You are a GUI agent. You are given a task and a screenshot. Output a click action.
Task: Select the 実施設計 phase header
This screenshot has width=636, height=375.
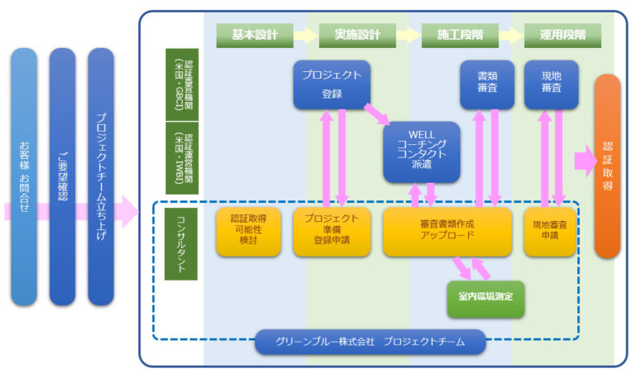[358, 36]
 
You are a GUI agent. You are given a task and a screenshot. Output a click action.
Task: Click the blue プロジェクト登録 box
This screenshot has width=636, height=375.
[331, 84]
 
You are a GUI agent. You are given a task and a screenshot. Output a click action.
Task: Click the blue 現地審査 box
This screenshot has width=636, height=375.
[552, 84]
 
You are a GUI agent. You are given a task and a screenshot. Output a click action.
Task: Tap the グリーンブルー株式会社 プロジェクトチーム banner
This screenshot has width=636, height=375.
[370, 341]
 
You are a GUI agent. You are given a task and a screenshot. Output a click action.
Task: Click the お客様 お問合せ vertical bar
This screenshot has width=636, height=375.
[24, 176]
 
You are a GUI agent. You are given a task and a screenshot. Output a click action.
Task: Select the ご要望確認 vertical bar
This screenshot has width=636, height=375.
[62, 176]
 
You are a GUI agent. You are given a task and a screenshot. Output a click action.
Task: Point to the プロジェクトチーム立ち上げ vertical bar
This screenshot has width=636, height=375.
[100, 176]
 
